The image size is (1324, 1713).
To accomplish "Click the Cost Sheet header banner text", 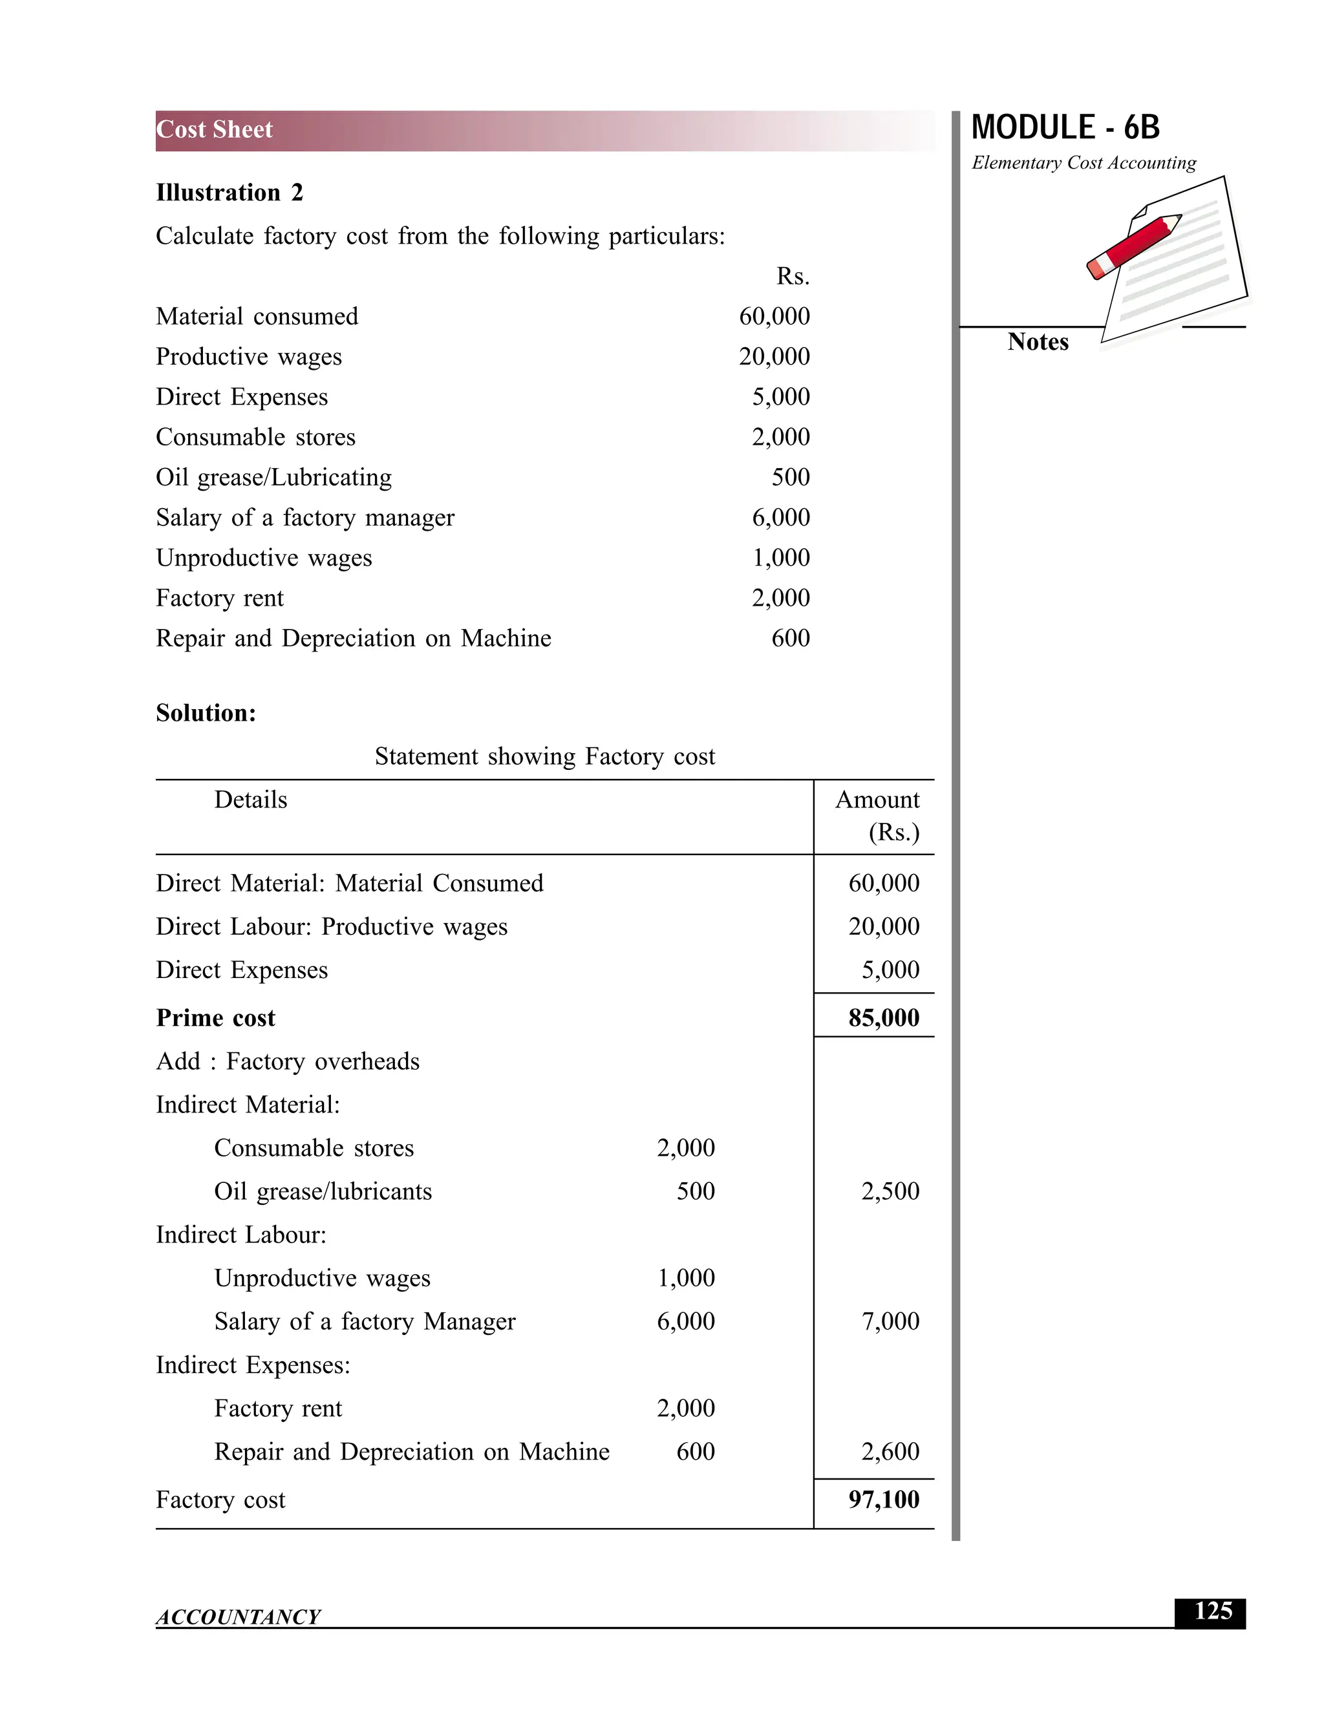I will [x=214, y=129].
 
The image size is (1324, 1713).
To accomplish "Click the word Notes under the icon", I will [x=1037, y=342].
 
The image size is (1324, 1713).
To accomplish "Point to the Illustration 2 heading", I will [x=229, y=193].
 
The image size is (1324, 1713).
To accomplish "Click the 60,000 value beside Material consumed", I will [x=773, y=316].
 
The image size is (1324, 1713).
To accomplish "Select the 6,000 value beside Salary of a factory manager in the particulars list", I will [x=780, y=518].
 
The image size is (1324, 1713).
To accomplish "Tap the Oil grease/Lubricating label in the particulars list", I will [x=273, y=478].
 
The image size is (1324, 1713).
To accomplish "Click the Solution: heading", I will [x=206, y=713].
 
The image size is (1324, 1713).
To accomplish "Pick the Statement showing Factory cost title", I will [x=544, y=756].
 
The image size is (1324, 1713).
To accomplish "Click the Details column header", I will [x=250, y=800].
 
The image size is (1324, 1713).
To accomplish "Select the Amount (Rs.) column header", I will [x=879, y=815].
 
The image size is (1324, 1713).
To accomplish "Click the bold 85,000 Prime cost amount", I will [x=883, y=1018].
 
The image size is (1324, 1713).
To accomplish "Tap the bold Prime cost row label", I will [x=216, y=1018].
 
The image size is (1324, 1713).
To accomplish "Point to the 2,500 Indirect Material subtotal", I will [x=890, y=1191].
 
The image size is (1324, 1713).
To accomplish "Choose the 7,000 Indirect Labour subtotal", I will [x=890, y=1322].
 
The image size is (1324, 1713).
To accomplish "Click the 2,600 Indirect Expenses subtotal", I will [x=890, y=1452].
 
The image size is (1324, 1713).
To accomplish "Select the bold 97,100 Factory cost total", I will [x=883, y=1500].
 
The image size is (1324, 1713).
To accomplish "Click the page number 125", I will [x=1212, y=1611].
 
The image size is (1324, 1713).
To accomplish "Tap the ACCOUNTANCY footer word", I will [x=238, y=1617].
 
